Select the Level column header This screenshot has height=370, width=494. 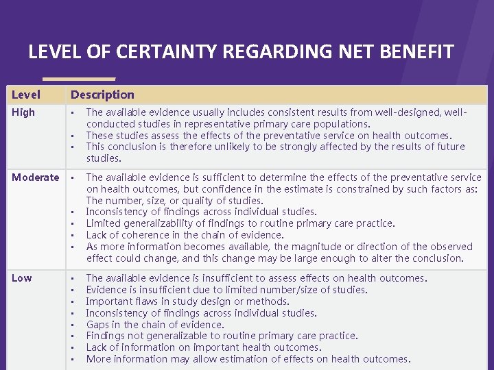pos(26,95)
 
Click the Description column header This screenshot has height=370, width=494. pos(102,95)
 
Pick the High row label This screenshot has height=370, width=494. pos(23,112)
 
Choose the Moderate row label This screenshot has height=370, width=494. pos(35,177)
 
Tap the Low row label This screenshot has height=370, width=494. pos(21,277)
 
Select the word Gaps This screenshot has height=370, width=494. pos(98,325)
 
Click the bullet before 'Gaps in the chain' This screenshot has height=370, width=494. pos(72,325)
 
